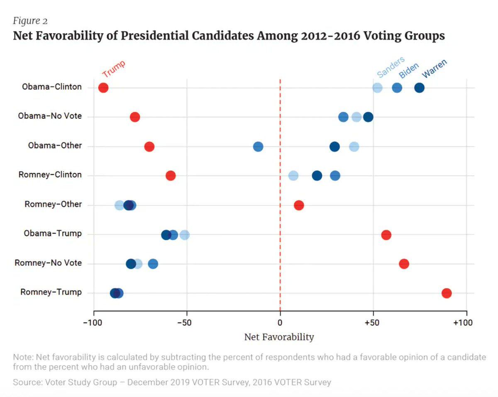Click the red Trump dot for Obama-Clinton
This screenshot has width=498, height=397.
click(103, 88)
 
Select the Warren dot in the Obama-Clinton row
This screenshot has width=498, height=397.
click(419, 88)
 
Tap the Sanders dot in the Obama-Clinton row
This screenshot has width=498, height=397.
click(377, 88)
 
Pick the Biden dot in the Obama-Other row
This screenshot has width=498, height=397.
click(258, 146)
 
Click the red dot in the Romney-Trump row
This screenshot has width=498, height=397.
click(447, 293)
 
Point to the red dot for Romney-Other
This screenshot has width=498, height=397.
click(299, 205)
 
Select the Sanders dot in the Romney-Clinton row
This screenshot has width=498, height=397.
click(293, 175)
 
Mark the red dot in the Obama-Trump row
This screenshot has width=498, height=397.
click(386, 235)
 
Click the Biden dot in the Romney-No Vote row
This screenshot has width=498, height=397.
click(153, 264)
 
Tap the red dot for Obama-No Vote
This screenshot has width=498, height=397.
click(135, 117)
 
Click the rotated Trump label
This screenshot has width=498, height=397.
click(113, 68)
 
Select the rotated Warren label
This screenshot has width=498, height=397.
click(435, 68)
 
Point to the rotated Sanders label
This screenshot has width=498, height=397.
click(391, 68)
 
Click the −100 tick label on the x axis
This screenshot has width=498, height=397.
click(93, 323)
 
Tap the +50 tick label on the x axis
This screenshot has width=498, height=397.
click(373, 323)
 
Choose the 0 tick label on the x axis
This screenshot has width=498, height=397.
click(280, 323)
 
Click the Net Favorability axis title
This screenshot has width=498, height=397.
click(279, 337)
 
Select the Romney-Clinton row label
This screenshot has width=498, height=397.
click(50, 175)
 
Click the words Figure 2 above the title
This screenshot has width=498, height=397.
click(30, 21)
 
